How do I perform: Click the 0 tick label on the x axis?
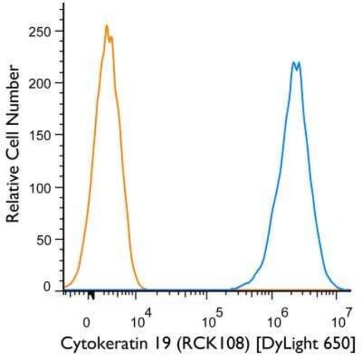tap(86, 322)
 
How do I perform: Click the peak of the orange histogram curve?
tap(106, 26)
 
